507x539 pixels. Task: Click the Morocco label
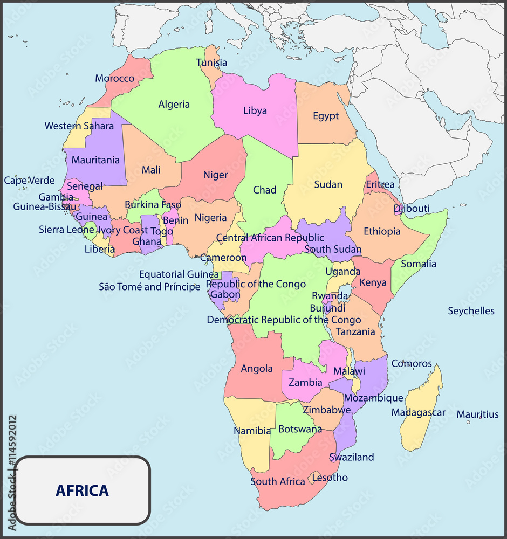[x=114, y=79]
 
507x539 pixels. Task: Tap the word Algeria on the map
[x=174, y=105]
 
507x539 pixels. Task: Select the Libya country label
[x=255, y=111]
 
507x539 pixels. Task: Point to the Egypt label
[x=326, y=116]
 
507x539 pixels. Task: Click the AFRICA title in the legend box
[x=82, y=491]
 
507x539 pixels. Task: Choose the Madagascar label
[x=418, y=413]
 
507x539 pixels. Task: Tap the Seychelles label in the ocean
[x=471, y=311]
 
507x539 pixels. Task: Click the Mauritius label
[x=477, y=414]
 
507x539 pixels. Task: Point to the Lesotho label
[x=330, y=478]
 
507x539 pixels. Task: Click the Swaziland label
[x=351, y=457]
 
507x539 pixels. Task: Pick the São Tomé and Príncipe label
[x=149, y=287]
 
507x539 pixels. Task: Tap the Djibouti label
[x=412, y=209]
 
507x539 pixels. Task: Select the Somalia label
[x=419, y=264]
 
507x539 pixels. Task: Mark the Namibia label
[x=252, y=431]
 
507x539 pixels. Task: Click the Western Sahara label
[x=79, y=126]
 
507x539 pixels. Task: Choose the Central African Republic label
[x=270, y=238]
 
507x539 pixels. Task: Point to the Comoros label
[x=412, y=364]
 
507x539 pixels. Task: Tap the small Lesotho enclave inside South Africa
[x=315, y=477]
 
